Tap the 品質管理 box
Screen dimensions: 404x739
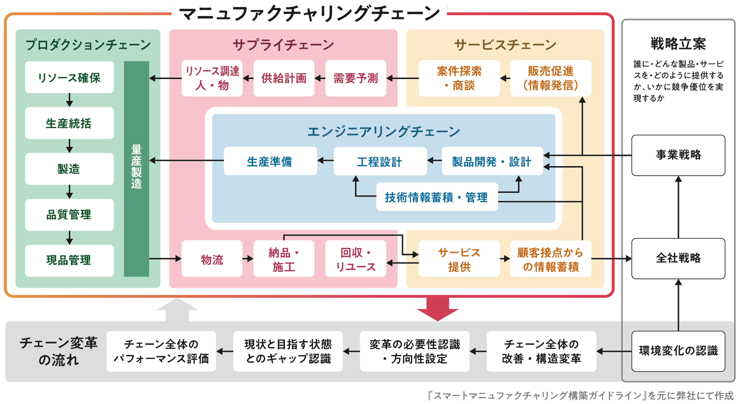(69, 215)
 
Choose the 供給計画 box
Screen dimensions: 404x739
(284, 78)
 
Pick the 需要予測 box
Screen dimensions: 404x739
(355, 78)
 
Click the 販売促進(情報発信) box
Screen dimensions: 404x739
(550, 78)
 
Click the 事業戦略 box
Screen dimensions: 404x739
(678, 155)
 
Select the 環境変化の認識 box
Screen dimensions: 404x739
(678, 351)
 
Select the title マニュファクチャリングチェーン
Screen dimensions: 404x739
(309, 13)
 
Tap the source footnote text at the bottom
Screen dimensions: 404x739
(580, 396)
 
